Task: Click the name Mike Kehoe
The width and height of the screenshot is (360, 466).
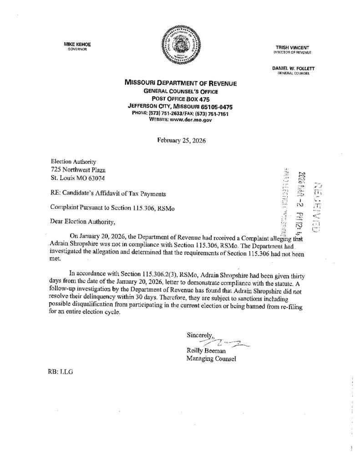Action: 75,44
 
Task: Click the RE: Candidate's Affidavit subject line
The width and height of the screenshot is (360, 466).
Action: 107,193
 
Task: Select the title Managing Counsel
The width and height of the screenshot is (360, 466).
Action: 211,359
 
